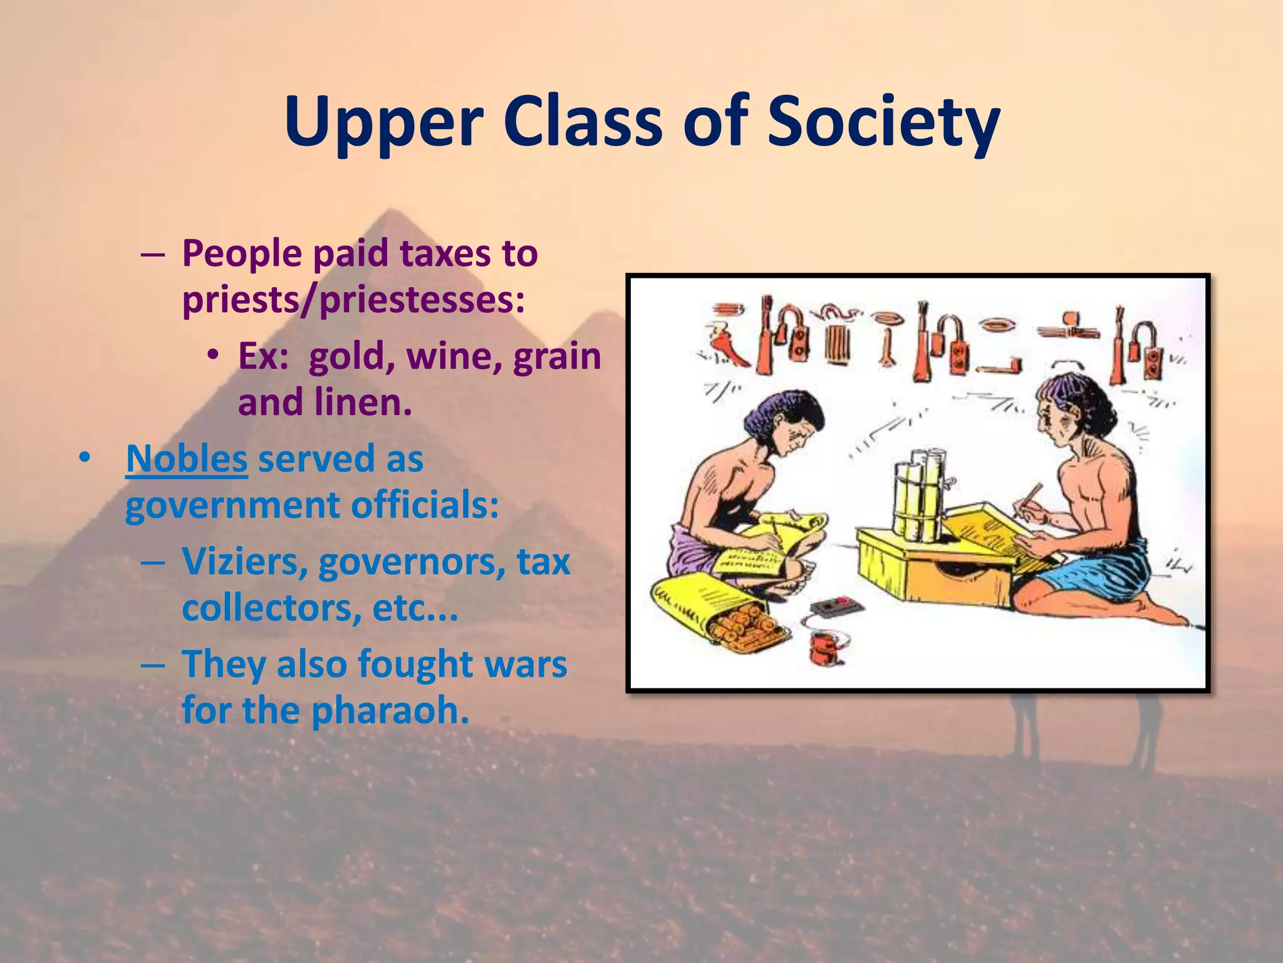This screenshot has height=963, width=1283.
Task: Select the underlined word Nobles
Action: pyautogui.click(x=187, y=458)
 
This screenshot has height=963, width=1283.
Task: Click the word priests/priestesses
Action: pyautogui.click(x=353, y=300)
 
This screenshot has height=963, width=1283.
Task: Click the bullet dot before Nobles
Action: pyautogui.click(x=85, y=459)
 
